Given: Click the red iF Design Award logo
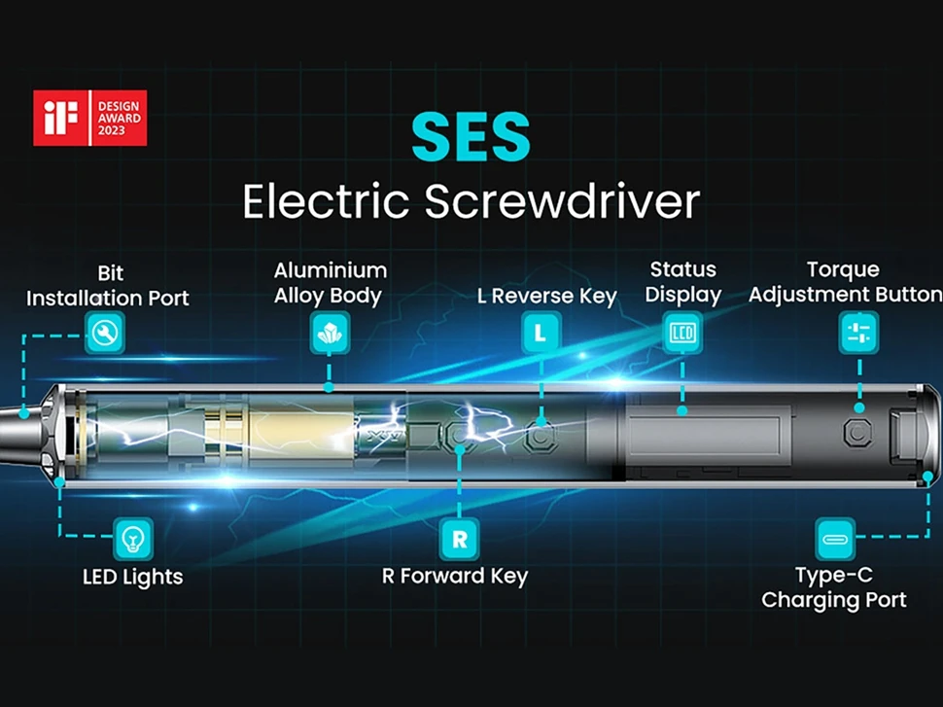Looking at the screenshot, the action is [89, 118].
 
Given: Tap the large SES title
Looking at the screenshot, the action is [471, 137].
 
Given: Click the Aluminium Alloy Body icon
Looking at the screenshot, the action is [329, 333].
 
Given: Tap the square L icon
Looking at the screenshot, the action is [541, 333].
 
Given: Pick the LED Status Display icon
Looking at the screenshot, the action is [682, 333].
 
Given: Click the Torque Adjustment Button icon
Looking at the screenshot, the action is [858, 333].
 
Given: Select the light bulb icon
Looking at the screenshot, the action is [133, 536].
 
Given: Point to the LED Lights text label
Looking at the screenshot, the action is [133, 577].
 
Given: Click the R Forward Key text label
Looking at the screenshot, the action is [455, 577].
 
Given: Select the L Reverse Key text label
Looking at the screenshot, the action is [547, 297].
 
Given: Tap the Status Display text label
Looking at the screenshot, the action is [683, 282].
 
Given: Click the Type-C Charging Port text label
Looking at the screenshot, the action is [834, 587].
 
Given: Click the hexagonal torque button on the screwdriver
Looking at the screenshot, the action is [856, 430].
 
